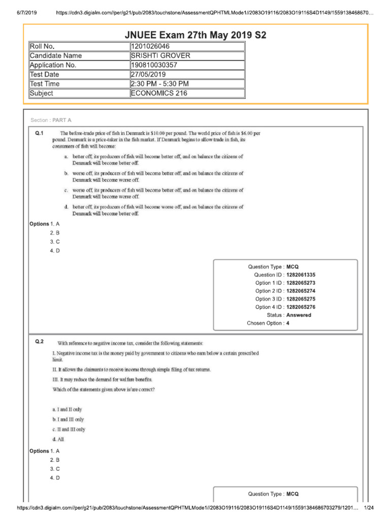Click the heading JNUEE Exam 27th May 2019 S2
(x=195, y=35)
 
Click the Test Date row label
(x=44, y=75)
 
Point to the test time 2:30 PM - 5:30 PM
(x=159, y=84)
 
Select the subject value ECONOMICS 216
(x=159, y=93)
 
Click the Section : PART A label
(x=51, y=120)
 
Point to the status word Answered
(x=299, y=315)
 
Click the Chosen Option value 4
(x=288, y=323)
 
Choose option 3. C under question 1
(x=55, y=242)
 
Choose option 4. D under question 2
(x=55, y=478)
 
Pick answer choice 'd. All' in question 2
(x=58, y=439)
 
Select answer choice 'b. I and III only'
(x=68, y=419)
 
